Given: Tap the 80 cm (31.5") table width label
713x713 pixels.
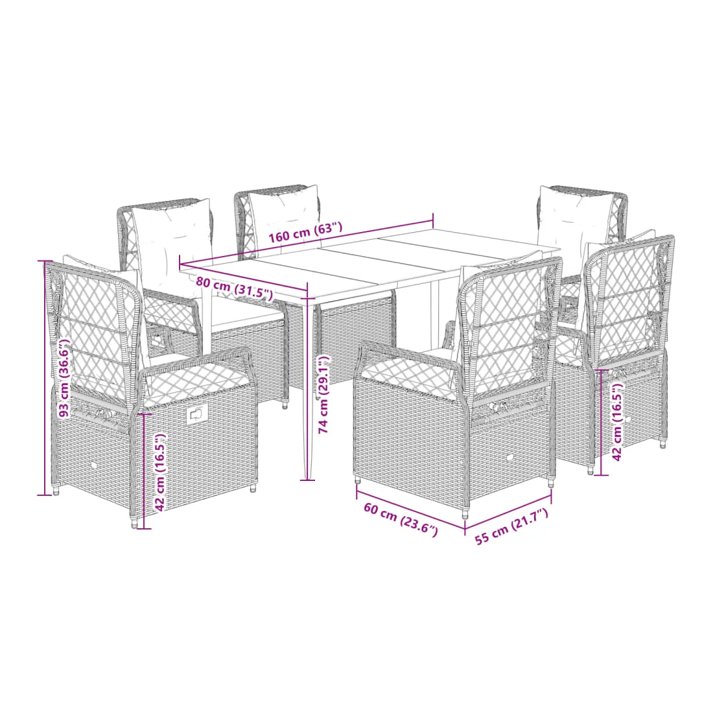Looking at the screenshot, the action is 235,288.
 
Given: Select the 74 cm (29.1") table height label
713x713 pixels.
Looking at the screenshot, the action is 323,394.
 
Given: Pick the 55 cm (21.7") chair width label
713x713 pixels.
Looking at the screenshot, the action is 511,526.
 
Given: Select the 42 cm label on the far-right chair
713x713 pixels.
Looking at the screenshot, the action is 616,421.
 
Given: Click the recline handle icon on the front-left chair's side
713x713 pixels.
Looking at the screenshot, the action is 196,414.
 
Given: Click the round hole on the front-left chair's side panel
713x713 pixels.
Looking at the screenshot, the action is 95,465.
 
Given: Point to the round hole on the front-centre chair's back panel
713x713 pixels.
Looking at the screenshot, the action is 509,458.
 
